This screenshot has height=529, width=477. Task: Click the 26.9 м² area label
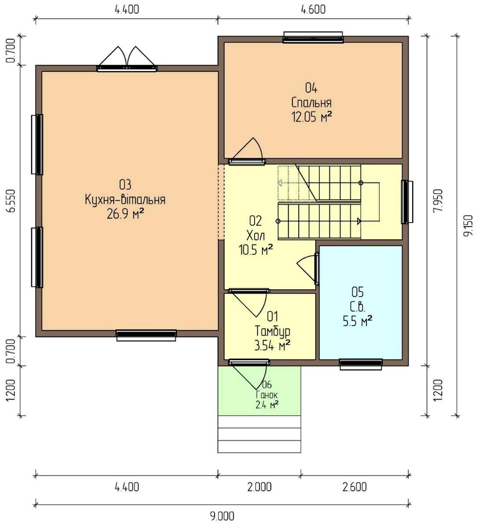[126, 214]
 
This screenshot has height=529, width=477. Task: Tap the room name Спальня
[311, 103]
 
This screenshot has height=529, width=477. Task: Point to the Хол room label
[255, 235]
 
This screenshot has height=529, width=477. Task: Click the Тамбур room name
[273, 331]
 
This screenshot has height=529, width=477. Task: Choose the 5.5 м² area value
[357, 321]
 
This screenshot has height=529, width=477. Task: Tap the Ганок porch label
[267, 395]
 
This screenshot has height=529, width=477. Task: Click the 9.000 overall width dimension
[222, 516]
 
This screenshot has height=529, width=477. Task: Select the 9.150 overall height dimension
[469, 226]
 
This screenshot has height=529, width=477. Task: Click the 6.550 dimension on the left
[11, 201]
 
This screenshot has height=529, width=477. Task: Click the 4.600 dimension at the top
[313, 10]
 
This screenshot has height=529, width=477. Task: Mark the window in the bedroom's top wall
[313, 37]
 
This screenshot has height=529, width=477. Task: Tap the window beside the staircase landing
[407, 202]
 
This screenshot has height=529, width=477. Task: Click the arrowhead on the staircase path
[359, 221]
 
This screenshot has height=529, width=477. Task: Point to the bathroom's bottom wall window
[361, 364]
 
